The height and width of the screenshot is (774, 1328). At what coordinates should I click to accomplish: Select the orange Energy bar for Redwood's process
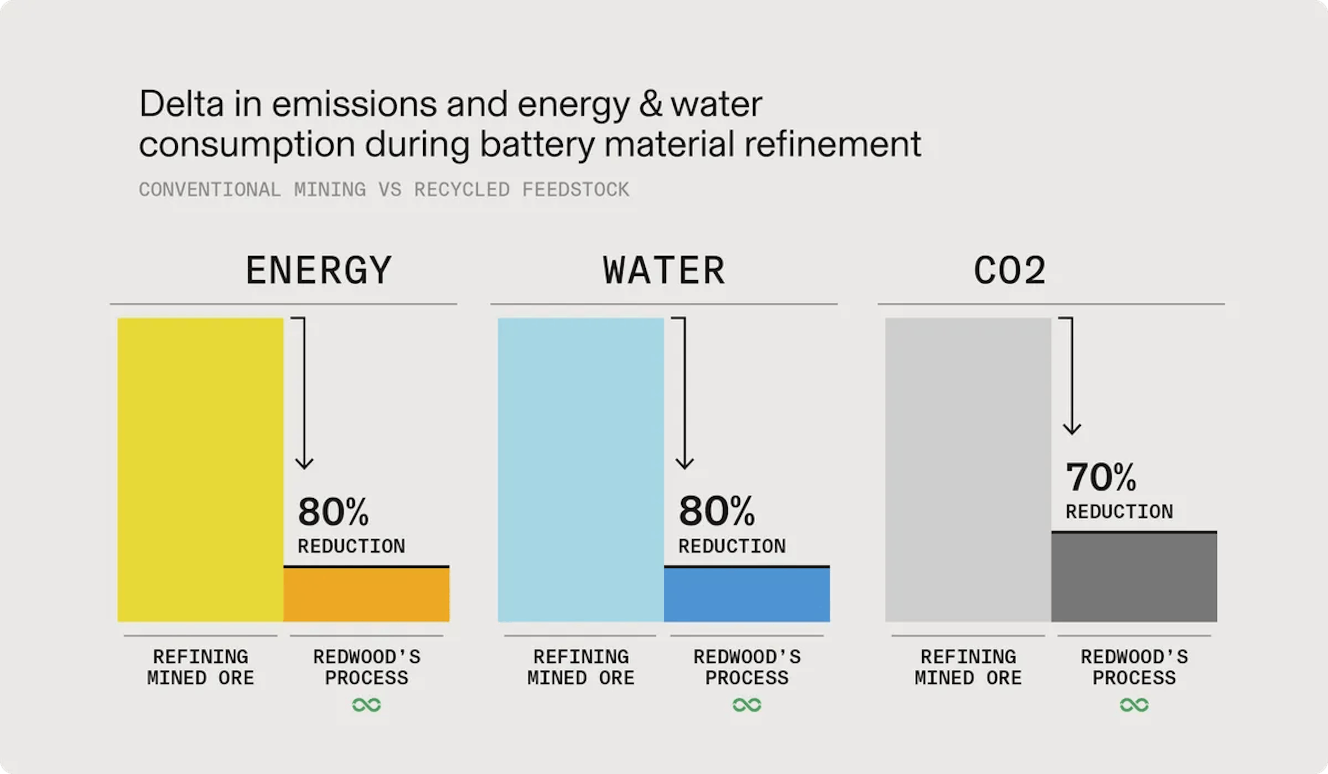[x=366, y=594]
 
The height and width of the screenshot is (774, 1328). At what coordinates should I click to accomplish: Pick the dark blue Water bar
[x=747, y=594]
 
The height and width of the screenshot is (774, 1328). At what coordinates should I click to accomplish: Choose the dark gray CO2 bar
[x=1134, y=577]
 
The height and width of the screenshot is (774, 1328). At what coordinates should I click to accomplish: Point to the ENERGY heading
[x=319, y=271]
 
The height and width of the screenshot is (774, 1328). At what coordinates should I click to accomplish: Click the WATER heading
[x=664, y=271]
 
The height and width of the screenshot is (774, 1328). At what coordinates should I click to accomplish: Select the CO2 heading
[x=1009, y=271]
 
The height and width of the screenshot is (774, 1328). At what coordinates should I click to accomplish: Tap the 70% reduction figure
[x=1101, y=477]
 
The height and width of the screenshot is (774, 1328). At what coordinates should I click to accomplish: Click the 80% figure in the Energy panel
[x=333, y=512]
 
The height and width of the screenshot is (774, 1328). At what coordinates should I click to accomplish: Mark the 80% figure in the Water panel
[x=716, y=512]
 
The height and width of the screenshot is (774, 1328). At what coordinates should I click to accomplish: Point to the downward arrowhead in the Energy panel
[x=304, y=463]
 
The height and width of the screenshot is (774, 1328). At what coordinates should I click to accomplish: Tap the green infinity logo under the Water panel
[x=747, y=705]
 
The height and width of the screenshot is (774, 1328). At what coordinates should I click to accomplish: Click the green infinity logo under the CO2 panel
[x=1134, y=705]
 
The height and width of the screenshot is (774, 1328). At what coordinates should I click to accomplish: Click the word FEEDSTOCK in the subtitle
[x=575, y=190]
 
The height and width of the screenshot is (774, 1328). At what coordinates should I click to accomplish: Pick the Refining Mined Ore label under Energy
[x=200, y=667]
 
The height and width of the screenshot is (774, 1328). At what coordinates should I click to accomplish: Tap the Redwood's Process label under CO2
[x=1134, y=667]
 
